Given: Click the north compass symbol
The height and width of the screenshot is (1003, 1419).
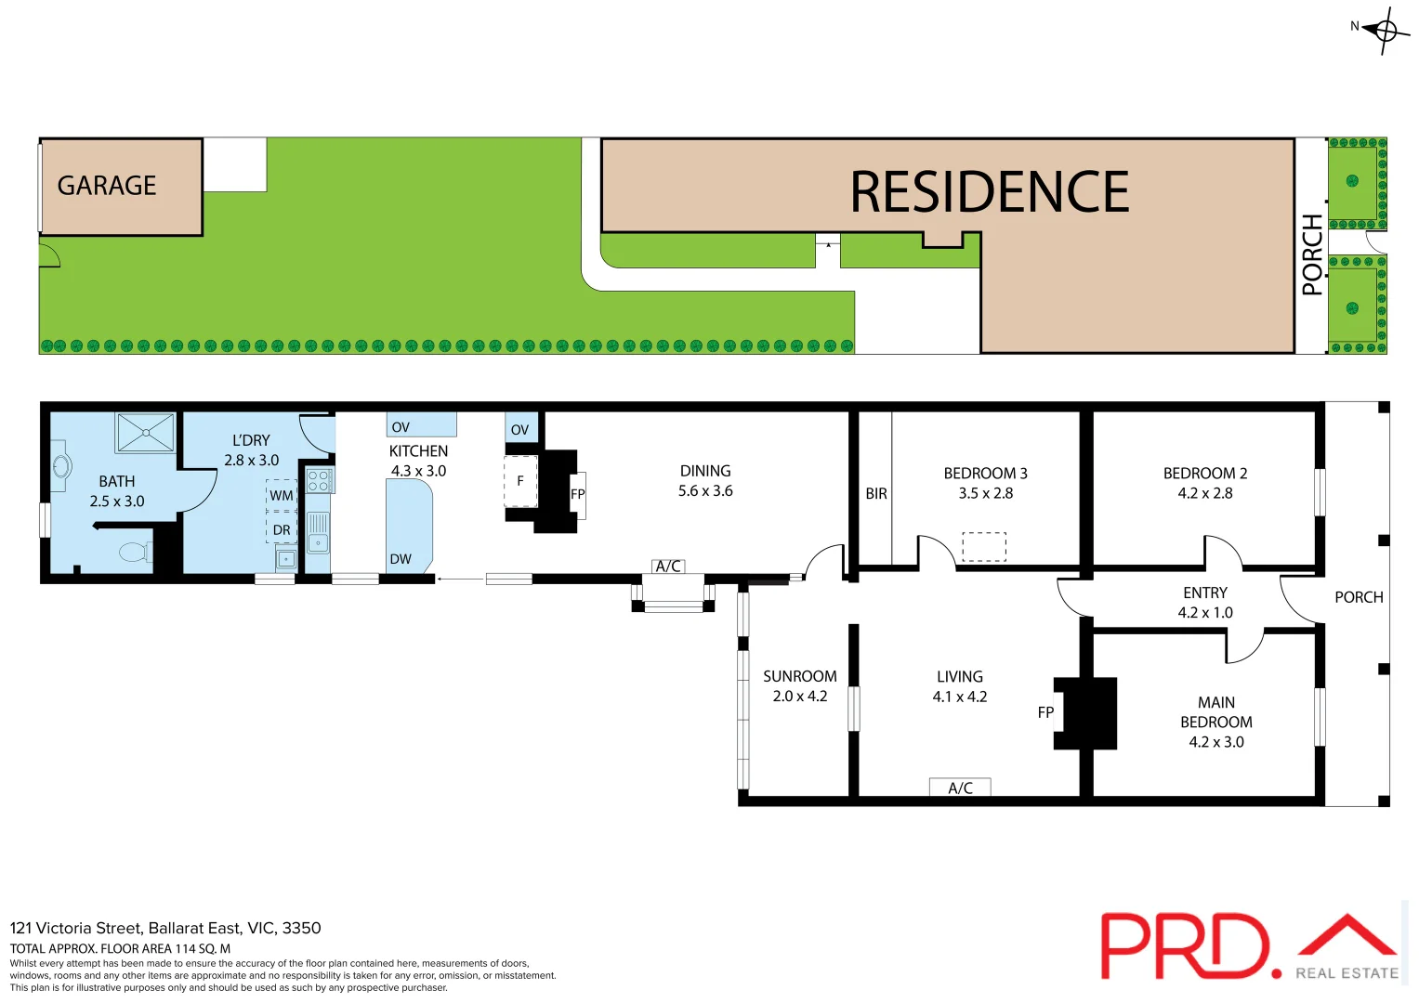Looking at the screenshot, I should pyautogui.click(x=1385, y=31).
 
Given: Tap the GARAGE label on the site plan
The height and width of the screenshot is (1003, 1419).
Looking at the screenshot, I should pyautogui.click(x=107, y=186).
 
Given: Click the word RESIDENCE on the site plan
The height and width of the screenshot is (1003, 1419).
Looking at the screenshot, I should pyautogui.click(x=989, y=192).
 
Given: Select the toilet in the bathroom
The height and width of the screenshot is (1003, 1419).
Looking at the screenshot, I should pyautogui.click(x=135, y=553).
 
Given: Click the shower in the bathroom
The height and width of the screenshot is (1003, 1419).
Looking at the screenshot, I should pyautogui.click(x=146, y=433).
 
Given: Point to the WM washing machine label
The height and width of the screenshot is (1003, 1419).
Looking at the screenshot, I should pyautogui.click(x=282, y=496).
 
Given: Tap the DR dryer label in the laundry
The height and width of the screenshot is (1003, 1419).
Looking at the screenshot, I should pyautogui.click(x=282, y=530).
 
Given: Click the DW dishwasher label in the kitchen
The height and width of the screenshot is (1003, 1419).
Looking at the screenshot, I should pyautogui.click(x=401, y=559).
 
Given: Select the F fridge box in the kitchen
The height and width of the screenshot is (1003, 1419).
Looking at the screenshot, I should pyautogui.click(x=520, y=481).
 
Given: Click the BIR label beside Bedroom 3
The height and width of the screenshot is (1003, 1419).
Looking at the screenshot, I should pyautogui.click(x=876, y=494).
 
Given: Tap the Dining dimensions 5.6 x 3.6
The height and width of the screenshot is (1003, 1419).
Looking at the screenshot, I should pyautogui.click(x=705, y=491).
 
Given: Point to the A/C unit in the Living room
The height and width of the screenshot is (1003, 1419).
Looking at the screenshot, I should pyautogui.click(x=960, y=788).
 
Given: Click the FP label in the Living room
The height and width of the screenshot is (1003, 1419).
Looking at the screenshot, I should pyautogui.click(x=1045, y=712).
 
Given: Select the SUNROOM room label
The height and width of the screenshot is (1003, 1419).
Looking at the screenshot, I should pyautogui.click(x=799, y=676).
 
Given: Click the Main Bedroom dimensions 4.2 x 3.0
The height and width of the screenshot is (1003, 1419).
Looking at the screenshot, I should pyautogui.click(x=1215, y=742).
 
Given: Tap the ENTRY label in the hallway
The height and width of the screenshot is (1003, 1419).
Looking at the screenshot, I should pyautogui.click(x=1204, y=593).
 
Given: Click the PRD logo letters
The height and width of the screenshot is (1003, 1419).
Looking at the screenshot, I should pyautogui.click(x=1184, y=945).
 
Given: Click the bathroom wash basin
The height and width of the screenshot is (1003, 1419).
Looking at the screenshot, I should pyautogui.click(x=61, y=465).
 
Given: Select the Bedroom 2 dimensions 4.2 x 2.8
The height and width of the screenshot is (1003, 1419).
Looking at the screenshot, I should pyautogui.click(x=1204, y=493).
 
